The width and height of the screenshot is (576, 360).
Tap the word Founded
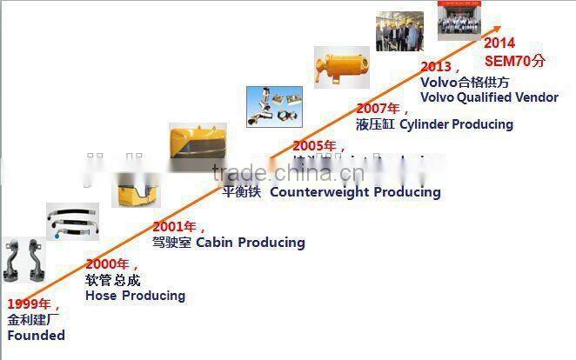36,335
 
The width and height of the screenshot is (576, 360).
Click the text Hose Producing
135,296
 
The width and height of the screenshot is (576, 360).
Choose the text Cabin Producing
250,243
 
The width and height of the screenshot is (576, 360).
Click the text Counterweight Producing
355,191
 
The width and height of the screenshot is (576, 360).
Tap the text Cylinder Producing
456,124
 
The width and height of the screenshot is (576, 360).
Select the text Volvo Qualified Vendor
489,97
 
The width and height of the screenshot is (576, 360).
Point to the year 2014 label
499,43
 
